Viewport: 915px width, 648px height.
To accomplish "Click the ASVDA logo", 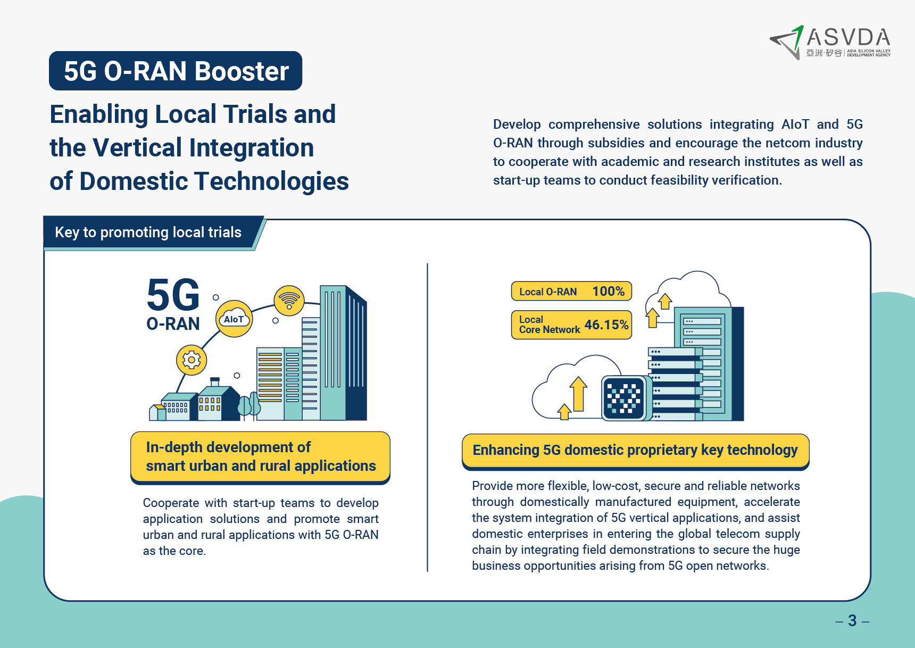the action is pyautogui.click(x=830, y=42).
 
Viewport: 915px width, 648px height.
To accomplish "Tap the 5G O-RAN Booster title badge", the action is pyautogui.click(x=176, y=71).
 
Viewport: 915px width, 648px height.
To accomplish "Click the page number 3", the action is pyautogui.click(x=852, y=620).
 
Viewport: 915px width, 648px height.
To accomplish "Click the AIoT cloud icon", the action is pyautogui.click(x=234, y=319).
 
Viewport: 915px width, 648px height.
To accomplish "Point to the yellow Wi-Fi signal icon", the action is pyautogui.click(x=289, y=300).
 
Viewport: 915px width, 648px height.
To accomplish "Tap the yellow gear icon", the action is pyautogui.click(x=192, y=360).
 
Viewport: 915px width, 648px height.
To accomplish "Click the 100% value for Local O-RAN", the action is pyautogui.click(x=609, y=292).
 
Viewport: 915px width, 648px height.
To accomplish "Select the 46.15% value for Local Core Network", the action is pyautogui.click(x=606, y=325).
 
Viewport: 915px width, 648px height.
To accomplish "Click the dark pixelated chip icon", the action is pyautogui.click(x=623, y=398).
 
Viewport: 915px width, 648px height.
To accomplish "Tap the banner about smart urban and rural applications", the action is pyautogui.click(x=261, y=458).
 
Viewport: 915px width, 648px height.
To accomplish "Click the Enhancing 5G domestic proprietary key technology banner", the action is pyautogui.click(x=635, y=451).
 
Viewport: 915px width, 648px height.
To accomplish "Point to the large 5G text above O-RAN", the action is pyautogui.click(x=173, y=295).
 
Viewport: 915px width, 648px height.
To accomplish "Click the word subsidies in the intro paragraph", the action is pyautogui.click(x=617, y=143).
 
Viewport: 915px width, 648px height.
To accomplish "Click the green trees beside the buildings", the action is pyautogui.click(x=249, y=404).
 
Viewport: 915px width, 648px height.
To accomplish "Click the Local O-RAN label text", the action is pyautogui.click(x=548, y=292).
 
